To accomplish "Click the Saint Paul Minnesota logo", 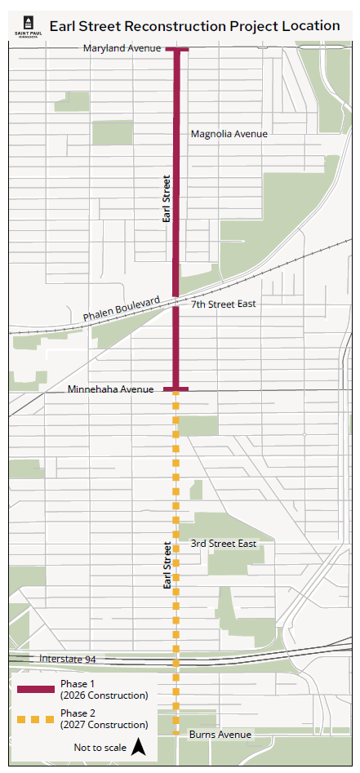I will tap(22, 26).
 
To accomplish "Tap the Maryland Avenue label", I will tap(122, 49).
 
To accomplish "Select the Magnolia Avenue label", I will tap(229, 134).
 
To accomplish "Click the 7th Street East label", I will tap(223, 304).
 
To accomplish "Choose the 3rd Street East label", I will tap(223, 544).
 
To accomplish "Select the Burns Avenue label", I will tap(220, 735).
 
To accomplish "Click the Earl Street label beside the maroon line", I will tap(167, 199).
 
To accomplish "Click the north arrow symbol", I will tap(139, 746).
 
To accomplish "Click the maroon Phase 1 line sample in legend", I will tap(35, 690).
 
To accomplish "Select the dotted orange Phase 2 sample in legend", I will tap(35, 719).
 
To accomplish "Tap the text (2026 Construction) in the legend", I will tap(104, 695).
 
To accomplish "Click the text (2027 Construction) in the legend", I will tap(104, 725).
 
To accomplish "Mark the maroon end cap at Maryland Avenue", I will tap(176, 50).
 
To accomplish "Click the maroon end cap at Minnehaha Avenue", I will tap(176, 389).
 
